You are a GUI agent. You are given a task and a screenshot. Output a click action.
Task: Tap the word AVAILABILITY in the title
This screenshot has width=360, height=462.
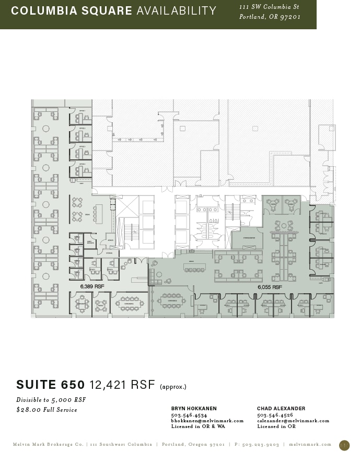(x=176, y=11)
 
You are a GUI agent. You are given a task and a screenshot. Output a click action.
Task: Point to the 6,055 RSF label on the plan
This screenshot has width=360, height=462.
(x=270, y=287)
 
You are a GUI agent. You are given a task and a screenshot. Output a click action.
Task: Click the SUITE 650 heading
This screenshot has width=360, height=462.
(x=50, y=385)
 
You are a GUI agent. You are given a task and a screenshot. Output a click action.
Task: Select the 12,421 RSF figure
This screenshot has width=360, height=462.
(x=122, y=385)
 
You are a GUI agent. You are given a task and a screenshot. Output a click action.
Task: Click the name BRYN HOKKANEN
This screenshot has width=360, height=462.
(x=194, y=409)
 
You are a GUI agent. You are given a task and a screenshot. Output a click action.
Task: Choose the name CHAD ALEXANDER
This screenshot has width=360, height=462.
(x=281, y=409)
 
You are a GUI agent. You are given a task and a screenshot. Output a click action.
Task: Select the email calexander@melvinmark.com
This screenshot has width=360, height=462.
(x=293, y=421)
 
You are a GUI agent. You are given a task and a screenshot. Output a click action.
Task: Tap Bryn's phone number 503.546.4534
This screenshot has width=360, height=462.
(x=189, y=415)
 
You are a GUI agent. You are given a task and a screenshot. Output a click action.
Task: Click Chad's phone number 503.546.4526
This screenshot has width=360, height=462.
(x=275, y=415)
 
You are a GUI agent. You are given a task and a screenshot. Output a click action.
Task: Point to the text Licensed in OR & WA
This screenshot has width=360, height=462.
(x=198, y=426)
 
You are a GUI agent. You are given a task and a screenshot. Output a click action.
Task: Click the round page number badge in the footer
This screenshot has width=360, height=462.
(x=344, y=445)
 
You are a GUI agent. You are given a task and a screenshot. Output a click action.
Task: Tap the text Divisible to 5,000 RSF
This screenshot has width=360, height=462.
(x=51, y=400)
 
